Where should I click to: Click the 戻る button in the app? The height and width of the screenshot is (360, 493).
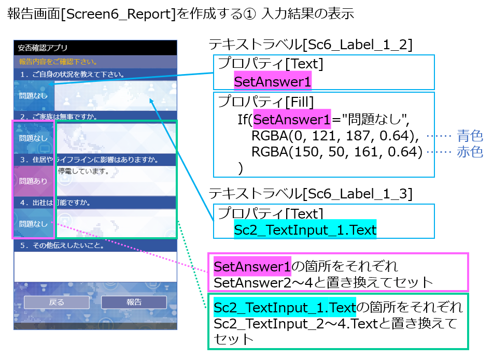tap(57, 303)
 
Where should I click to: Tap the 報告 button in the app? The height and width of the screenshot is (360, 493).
tap(134, 303)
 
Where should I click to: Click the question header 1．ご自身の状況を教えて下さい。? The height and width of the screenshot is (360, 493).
tap(72, 75)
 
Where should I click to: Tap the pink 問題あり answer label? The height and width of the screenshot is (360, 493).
tap(33, 181)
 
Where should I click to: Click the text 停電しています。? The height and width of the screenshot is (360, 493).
tap(83, 171)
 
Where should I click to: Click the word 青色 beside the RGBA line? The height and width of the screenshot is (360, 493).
tap(470, 137)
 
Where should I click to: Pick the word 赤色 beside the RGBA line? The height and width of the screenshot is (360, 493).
tap(470, 152)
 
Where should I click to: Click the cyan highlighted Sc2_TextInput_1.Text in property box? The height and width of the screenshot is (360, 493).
tap(305, 230)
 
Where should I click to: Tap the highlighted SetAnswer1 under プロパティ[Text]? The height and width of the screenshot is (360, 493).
tap(273, 82)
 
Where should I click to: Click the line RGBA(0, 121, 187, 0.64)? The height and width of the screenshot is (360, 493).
tap(335, 137)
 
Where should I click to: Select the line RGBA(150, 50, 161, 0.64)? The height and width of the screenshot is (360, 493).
tap(335, 152)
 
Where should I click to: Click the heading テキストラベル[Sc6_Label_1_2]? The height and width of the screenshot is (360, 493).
tap(310, 46)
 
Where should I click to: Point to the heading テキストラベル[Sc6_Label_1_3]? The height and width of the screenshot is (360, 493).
tap(310, 194)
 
